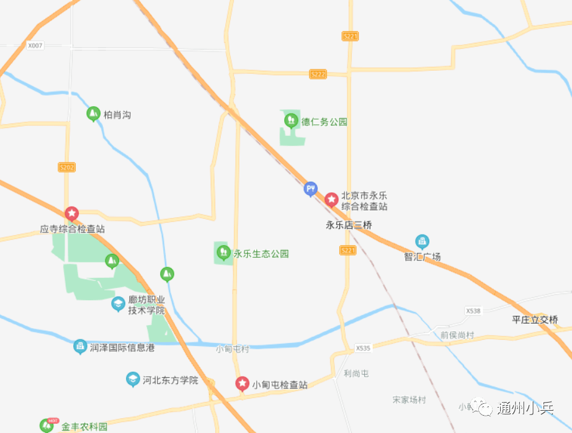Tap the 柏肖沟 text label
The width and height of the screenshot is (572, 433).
point(117,115)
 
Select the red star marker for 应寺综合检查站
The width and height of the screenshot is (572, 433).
point(72,213)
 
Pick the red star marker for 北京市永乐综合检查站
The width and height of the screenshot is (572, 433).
point(332,199)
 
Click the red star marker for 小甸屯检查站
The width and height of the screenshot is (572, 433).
point(242,383)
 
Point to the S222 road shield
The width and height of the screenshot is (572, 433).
point(318,74)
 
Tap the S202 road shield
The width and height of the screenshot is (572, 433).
point(66,167)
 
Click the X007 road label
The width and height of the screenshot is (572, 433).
point(35,46)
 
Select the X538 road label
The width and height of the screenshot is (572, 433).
point(473,310)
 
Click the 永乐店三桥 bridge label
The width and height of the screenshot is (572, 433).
point(349,226)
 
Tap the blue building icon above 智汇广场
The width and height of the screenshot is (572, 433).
point(422,241)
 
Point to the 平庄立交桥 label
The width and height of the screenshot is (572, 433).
point(535,320)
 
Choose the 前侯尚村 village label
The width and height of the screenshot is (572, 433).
point(457,335)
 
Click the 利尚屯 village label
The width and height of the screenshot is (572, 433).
point(356,373)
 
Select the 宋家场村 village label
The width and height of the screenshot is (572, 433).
point(409,400)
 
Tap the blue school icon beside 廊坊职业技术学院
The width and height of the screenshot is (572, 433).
point(118,303)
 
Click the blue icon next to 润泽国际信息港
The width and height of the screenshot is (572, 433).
point(80,346)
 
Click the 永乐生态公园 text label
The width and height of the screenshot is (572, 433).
point(261,254)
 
